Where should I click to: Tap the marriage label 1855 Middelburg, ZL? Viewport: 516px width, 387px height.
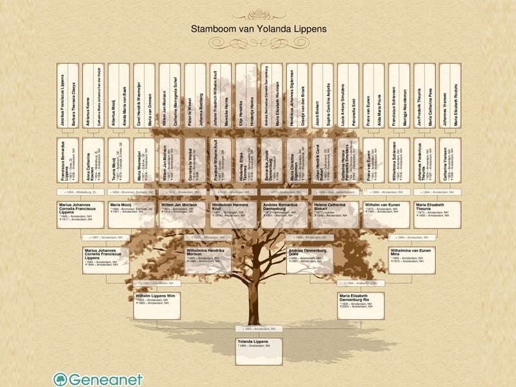tap(81, 192)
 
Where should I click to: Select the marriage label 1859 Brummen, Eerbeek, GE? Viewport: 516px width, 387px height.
tap(132, 192)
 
